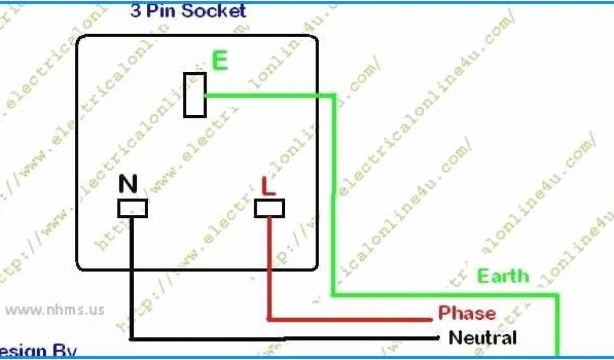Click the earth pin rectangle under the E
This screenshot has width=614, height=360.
(x=195, y=95)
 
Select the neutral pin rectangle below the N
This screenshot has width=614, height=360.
(x=132, y=208)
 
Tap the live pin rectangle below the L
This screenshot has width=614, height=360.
(x=269, y=208)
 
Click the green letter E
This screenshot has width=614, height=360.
(x=220, y=61)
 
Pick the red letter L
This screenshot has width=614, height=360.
(x=268, y=186)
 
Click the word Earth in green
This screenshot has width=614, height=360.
(x=503, y=276)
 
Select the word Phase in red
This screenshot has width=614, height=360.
(x=467, y=313)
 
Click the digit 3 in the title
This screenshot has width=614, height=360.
(x=136, y=11)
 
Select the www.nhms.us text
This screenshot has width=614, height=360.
(x=55, y=310)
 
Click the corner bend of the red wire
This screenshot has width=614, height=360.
(x=270, y=318)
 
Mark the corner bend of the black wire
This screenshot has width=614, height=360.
(x=132, y=339)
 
